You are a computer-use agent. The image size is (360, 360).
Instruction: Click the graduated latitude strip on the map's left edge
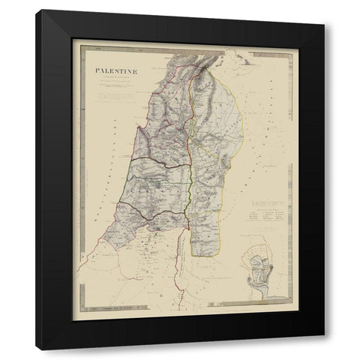click(86, 187)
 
